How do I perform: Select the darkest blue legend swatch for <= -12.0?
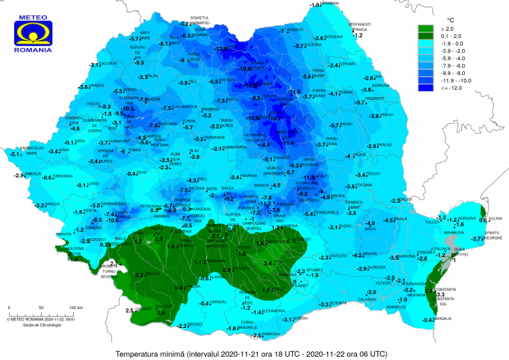coord(426,87)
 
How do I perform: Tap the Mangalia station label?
coord(443,319)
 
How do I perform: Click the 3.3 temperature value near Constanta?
coord(441,294)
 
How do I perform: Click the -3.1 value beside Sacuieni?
coord(94,64)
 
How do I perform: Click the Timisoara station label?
coord(63,177)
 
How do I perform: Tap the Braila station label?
coord(401,219)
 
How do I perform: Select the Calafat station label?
coord(143,310)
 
